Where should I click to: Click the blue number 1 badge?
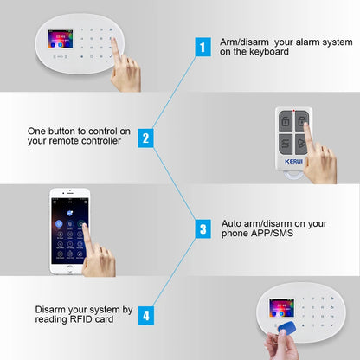pos(202,47)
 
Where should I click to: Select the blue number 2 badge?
pos(145,137)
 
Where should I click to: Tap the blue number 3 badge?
pos(202,228)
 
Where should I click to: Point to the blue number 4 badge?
pos(145,314)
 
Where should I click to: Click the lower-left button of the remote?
pos(284,145)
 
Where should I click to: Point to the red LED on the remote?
pos(294,113)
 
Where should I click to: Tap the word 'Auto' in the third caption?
pos(233,223)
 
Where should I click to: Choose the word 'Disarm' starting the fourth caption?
pos(51,309)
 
